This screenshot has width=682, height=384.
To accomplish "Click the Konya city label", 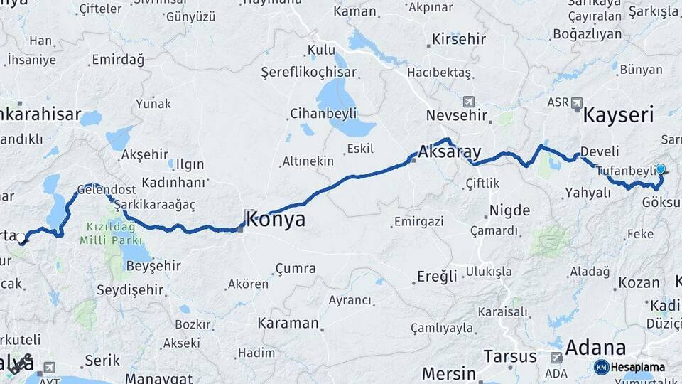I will pos(276,219).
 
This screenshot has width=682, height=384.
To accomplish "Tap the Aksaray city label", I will pos(450,152).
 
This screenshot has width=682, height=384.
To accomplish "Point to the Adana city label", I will pos(595,348).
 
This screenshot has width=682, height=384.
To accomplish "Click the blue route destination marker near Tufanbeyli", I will pos(661,169).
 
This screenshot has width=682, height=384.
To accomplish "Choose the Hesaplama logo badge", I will pos(630,367).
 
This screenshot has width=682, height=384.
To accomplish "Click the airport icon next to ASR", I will pos(577,102).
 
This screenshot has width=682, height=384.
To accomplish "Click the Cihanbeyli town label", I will pos(323,114).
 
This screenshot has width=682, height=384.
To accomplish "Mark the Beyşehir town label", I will pos(153,266).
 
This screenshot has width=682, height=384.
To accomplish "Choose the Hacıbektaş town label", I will pos(438,73).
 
